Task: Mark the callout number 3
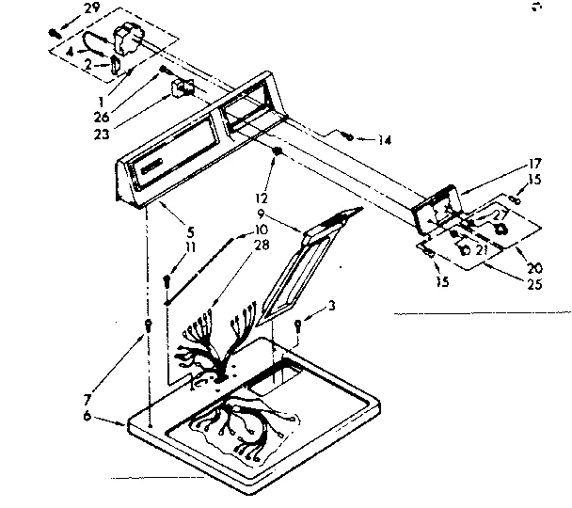pyautogui.click(x=331, y=305)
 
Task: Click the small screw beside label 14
pyautogui.click(x=348, y=137)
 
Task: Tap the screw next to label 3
pyautogui.click(x=299, y=325)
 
